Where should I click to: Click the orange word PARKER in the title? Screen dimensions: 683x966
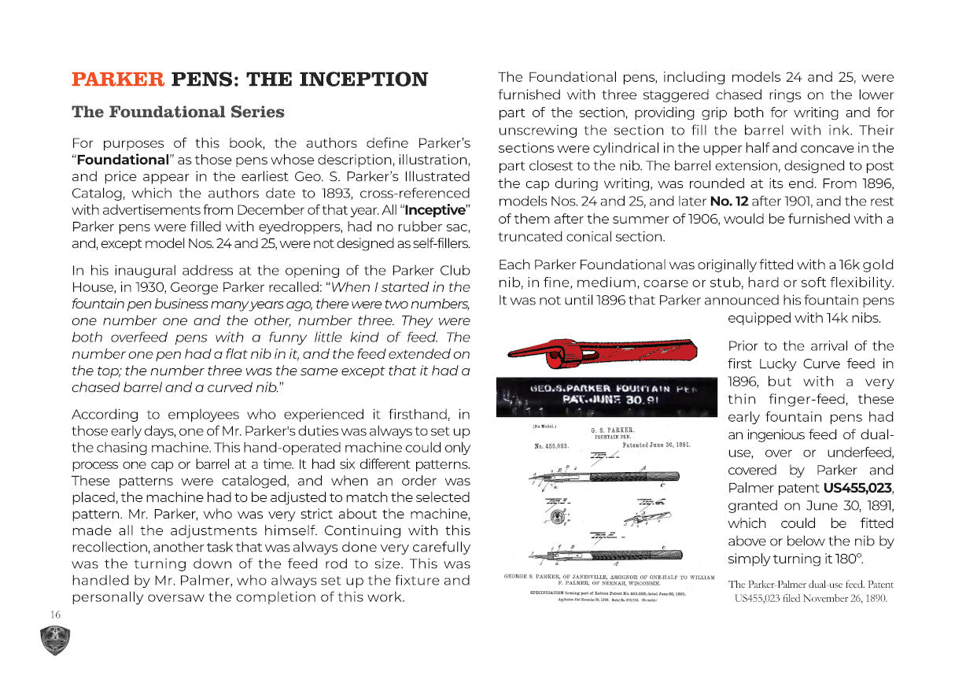118,79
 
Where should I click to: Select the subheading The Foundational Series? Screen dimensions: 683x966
178,112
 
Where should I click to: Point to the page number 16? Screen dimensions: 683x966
55,615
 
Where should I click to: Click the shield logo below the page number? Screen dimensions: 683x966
56,640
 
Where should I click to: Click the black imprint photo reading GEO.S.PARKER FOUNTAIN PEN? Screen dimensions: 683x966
606,397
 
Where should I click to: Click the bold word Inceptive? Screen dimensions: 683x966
436,210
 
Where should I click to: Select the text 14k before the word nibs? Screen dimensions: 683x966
829,319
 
